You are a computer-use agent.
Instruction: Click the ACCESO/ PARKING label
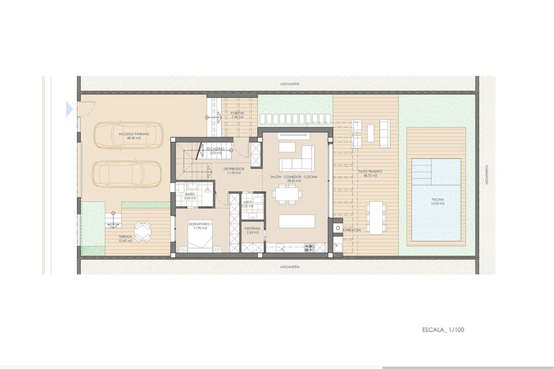coord(134,134)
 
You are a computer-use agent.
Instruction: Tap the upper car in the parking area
coord(128,135)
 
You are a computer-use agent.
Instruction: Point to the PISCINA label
coord(438,199)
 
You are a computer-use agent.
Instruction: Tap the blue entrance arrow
coord(69,109)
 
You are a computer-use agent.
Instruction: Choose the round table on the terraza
coord(143,231)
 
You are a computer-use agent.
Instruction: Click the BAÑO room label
coord(190,194)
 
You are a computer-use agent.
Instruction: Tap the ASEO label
coord(248,202)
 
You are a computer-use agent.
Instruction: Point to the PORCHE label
coord(237,113)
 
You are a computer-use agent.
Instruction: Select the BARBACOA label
coord(352,230)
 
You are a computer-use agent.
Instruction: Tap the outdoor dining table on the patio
coord(377,217)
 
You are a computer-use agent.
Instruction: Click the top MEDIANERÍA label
coord(290,83)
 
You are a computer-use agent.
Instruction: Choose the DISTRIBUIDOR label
coord(233,168)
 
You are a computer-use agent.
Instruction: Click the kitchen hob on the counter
coord(309,247)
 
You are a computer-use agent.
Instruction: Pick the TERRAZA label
coord(125,237)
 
